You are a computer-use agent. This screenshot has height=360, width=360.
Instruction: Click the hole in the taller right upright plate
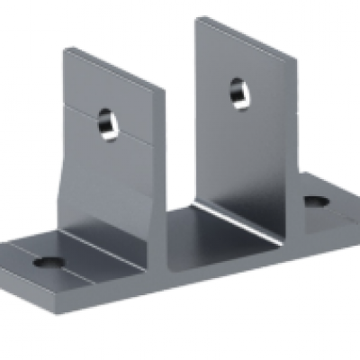coord(238,90)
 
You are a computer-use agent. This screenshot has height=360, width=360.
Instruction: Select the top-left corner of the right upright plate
coord(196,15)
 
